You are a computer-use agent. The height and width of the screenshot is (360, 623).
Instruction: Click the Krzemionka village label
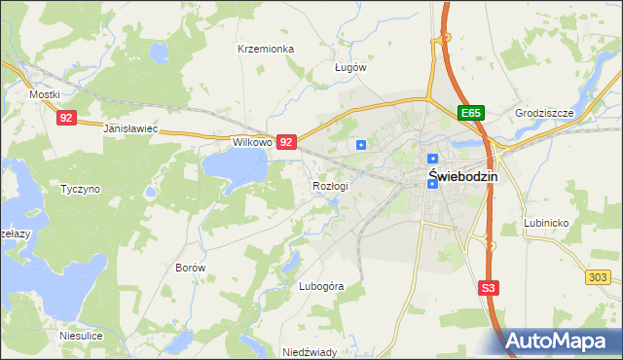click(266, 48)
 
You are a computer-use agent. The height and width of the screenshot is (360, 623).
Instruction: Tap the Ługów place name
click(349, 68)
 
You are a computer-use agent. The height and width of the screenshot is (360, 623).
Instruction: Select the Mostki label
click(45, 94)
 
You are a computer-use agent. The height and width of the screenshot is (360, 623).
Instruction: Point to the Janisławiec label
click(130, 128)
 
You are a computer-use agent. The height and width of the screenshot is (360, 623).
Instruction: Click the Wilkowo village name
click(250, 142)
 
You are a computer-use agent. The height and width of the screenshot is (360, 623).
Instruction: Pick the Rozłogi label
click(330, 185)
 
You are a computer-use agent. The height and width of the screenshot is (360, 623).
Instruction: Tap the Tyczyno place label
click(80, 189)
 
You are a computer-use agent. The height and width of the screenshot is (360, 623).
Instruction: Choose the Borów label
click(190, 267)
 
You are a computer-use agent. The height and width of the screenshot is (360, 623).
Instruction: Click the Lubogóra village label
click(321, 287)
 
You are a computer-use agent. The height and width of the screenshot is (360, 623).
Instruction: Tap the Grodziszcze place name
click(546, 113)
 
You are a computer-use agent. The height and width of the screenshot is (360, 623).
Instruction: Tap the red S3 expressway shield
click(491, 288)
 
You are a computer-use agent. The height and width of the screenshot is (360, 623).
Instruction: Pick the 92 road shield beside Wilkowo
click(286, 142)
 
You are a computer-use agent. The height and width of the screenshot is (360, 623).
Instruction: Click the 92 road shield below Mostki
click(66, 118)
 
